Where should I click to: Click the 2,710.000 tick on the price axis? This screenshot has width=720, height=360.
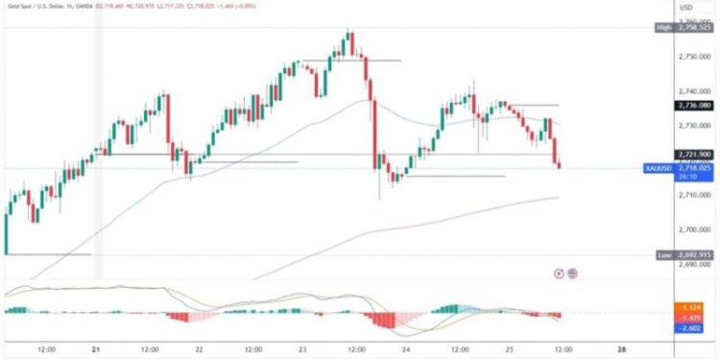pos(689,195)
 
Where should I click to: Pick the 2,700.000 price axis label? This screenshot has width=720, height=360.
pos(689,230)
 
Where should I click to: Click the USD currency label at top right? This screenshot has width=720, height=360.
pos(686,8)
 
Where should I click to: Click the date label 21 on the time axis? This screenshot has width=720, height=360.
pos(97,349)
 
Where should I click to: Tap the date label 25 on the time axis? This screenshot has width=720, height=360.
pos(513,349)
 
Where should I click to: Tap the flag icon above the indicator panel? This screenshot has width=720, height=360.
pos(573,274)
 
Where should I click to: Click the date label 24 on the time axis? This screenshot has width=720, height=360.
pos(408,349)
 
